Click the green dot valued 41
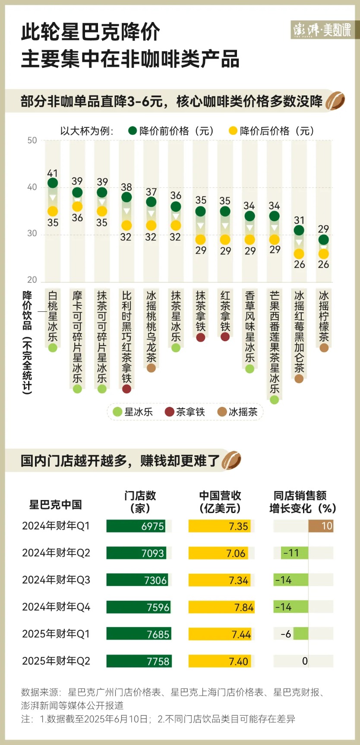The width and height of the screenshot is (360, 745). tap(53, 183)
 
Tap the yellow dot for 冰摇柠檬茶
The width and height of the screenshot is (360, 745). tap(324, 254)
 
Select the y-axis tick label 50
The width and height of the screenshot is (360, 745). tap(32, 140)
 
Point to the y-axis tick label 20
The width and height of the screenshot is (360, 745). tap(32, 280)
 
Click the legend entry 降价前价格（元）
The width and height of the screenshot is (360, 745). tap(171, 131)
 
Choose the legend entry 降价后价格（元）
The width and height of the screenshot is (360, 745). tap(272, 131)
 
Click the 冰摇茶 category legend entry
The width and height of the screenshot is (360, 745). tap(238, 412)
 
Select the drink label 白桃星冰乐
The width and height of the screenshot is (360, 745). tap(53, 316)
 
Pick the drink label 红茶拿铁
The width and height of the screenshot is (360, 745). tap(225, 311)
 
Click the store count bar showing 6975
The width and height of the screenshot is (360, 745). tap(136, 526)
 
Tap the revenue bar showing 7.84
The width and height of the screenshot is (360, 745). tap(221, 607)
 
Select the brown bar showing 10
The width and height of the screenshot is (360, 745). tap(321, 526)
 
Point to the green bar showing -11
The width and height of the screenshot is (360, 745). tap(291, 553)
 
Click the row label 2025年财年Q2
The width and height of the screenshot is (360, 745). tap(56, 661)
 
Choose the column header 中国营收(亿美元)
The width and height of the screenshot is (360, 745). tap(220, 502)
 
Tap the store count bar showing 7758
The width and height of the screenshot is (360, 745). tap(139, 661)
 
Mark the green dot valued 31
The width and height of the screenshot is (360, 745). tap(299, 231)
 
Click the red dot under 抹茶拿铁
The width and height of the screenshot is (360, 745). tap(201, 337)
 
